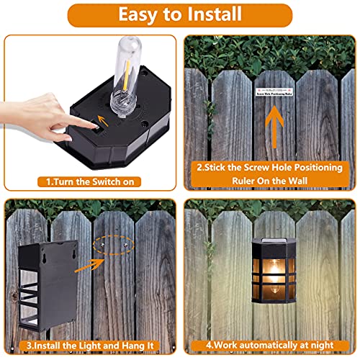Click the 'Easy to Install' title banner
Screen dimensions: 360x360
(180, 14)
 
